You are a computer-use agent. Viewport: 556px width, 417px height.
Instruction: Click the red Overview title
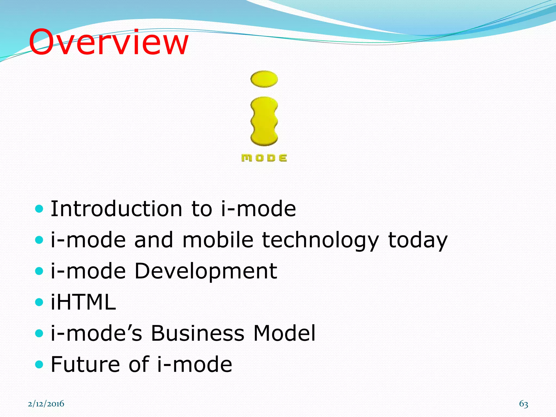(x=109, y=42)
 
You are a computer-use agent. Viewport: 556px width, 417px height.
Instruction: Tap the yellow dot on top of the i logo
(x=264, y=79)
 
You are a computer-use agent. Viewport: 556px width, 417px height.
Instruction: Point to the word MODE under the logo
(x=264, y=158)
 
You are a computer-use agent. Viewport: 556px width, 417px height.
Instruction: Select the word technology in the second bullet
(x=320, y=240)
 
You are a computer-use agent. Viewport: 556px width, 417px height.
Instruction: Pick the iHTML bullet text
(x=83, y=302)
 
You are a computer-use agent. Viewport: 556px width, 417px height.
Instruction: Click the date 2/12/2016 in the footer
(x=46, y=404)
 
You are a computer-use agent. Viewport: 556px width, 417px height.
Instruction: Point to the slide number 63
(x=523, y=404)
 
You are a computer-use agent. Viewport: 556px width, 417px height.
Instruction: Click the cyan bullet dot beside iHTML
(x=39, y=302)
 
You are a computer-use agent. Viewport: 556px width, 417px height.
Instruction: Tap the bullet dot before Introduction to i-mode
(x=39, y=209)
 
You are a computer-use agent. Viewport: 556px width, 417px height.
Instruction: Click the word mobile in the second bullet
(x=218, y=240)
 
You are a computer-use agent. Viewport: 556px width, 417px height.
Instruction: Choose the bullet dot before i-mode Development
(x=39, y=271)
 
